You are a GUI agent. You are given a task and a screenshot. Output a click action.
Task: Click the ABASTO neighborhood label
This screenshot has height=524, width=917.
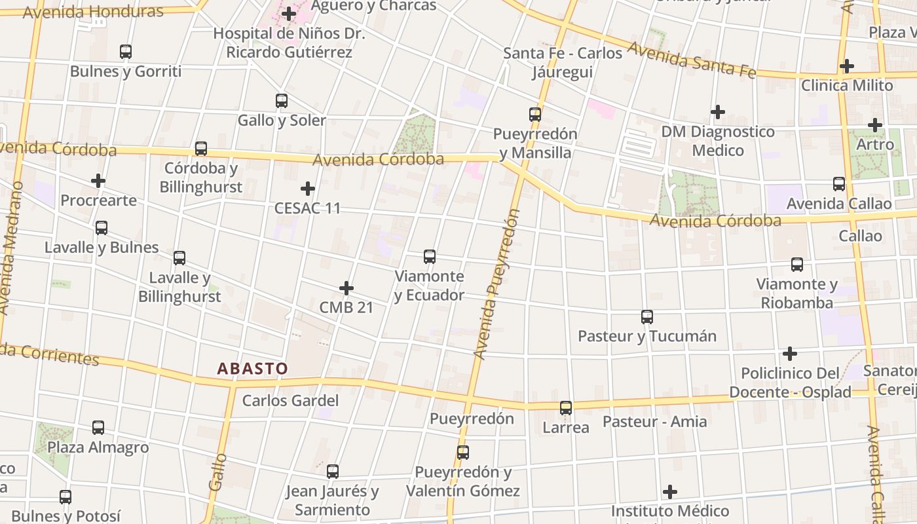click(x=252, y=369)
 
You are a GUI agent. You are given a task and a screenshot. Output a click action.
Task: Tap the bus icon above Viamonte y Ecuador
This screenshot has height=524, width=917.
click(x=430, y=257)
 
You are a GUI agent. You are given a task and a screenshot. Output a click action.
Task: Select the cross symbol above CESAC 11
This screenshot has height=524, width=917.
click(x=307, y=189)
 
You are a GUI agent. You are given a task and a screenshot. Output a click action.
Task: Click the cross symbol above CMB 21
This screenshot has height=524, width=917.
click(x=346, y=288)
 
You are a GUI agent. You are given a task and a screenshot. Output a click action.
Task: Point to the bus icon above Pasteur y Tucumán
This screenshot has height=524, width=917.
click(x=647, y=317)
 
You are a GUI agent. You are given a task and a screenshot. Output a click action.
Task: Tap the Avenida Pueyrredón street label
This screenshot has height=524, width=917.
click(x=497, y=285)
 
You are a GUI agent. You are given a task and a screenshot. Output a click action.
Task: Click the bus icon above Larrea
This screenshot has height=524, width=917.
click(x=566, y=408)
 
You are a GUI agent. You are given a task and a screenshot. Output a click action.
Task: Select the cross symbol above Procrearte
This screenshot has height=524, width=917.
click(x=98, y=181)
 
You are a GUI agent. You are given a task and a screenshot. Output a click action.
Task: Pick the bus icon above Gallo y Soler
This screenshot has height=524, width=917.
click(x=282, y=101)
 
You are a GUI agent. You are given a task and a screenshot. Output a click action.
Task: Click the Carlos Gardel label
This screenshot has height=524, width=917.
click(x=290, y=400)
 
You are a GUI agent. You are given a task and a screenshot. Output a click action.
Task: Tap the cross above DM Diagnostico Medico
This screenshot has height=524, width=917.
click(x=718, y=112)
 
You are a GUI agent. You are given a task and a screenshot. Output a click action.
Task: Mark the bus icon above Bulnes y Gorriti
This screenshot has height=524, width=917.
click(x=126, y=51)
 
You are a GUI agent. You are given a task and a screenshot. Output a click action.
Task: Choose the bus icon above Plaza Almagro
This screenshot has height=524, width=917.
click(x=98, y=428)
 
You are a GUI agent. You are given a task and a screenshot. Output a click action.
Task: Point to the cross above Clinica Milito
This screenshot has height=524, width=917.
click(x=847, y=66)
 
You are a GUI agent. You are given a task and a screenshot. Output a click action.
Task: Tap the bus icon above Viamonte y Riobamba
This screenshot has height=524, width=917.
click(x=797, y=265)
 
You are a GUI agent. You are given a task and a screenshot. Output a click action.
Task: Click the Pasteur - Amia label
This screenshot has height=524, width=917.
click(x=654, y=421)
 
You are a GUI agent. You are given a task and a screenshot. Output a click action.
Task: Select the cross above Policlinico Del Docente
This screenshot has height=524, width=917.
click(x=790, y=354)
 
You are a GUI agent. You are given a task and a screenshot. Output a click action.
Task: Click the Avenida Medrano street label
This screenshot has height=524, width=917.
click(x=12, y=249)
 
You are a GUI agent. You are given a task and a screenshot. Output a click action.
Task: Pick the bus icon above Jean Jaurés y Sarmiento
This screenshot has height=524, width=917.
click(x=333, y=472)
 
